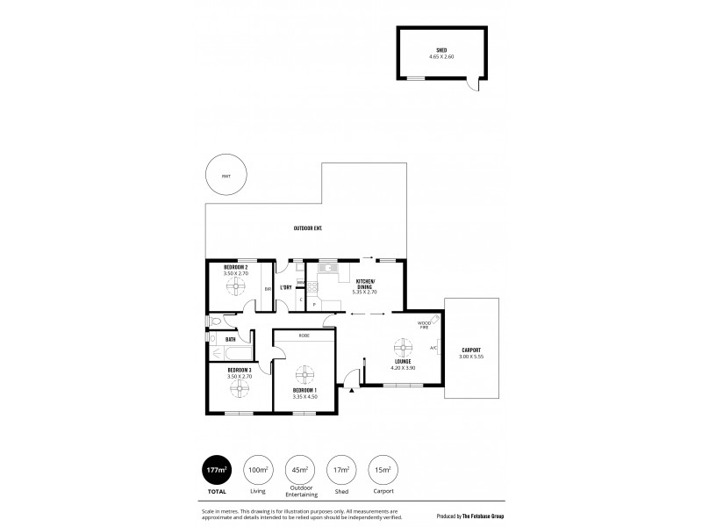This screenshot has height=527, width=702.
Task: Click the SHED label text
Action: (x=441, y=50)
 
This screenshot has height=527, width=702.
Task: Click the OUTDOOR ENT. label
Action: (x=307, y=228)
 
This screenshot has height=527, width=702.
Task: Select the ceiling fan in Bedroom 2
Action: (x=236, y=285)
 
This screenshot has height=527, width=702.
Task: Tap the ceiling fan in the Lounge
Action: (x=404, y=345)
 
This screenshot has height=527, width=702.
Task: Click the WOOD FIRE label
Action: (x=425, y=325)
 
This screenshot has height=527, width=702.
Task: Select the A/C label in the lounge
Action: (x=433, y=348)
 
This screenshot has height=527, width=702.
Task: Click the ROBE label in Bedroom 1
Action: (x=304, y=335)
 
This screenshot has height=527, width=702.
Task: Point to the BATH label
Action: (x=230, y=339)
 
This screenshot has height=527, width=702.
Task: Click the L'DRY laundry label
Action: (x=285, y=288)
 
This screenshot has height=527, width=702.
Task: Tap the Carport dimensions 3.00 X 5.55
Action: (x=472, y=357)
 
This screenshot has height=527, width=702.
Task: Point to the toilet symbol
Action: (x=215, y=322)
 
